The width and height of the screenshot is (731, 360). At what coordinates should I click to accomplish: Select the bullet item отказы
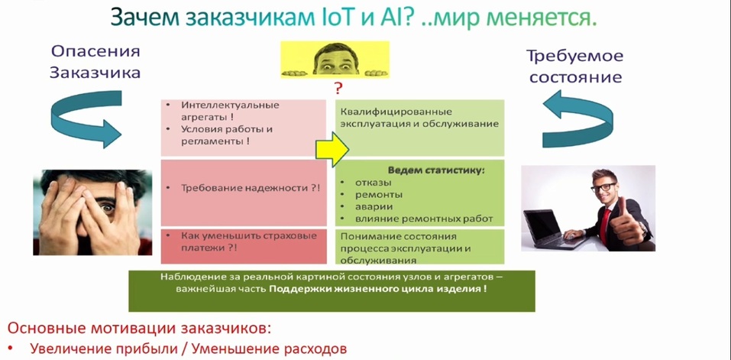point(374,182)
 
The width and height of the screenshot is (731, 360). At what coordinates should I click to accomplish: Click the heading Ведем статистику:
point(436,169)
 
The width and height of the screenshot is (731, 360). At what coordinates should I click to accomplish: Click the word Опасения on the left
point(95,52)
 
